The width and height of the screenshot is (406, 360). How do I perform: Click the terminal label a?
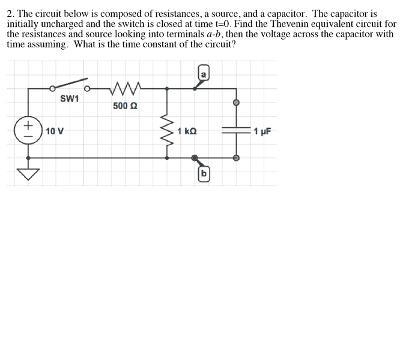pyautogui.click(x=204, y=74)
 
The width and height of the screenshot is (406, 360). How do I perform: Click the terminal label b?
pyautogui.click(x=204, y=174)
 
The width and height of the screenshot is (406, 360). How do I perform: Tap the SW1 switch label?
pyautogui.click(x=70, y=98)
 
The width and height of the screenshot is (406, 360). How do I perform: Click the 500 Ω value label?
pyautogui.click(x=125, y=106)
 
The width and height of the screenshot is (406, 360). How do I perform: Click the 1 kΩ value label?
pyautogui.click(x=187, y=131)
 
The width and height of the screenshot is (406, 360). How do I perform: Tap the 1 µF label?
pyautogui.click(x=262, y=131)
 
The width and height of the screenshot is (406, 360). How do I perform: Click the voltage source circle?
pyautogui.click(x=28, y=130)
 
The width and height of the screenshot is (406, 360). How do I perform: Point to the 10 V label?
pyautogui.click(x=55, y=131)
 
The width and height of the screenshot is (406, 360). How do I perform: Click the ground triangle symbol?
pyautogui.click(x=28, y=174)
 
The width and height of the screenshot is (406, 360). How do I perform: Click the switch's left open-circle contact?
pyautogui.click(x=52, y=89)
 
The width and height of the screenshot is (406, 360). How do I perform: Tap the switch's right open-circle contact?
pyautogui.click(x=87, y=89)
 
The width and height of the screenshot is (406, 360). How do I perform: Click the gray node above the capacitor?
pyautogui.click(x=236, y=103)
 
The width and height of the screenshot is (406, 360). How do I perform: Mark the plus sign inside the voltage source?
pyautogui.click(x=28, y=125)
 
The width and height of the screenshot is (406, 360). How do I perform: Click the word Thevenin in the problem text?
pyautogui.click(x=290, y=24)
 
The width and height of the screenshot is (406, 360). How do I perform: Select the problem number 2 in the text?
pyautogui.click(x=10, y=14)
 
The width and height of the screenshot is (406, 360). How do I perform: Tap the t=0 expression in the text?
pyautogui.click(x=223, y=24)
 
